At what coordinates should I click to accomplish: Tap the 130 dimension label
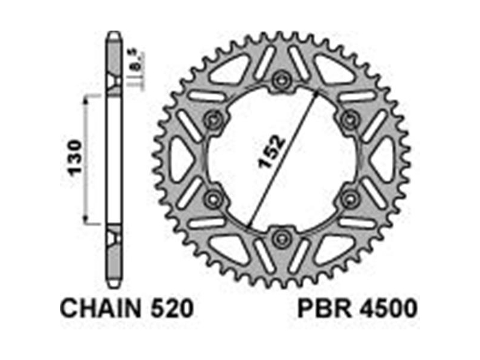click(76, 158)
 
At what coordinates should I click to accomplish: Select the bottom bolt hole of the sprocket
click(281, 238)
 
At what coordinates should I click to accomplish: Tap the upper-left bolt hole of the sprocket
click(213, 120)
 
